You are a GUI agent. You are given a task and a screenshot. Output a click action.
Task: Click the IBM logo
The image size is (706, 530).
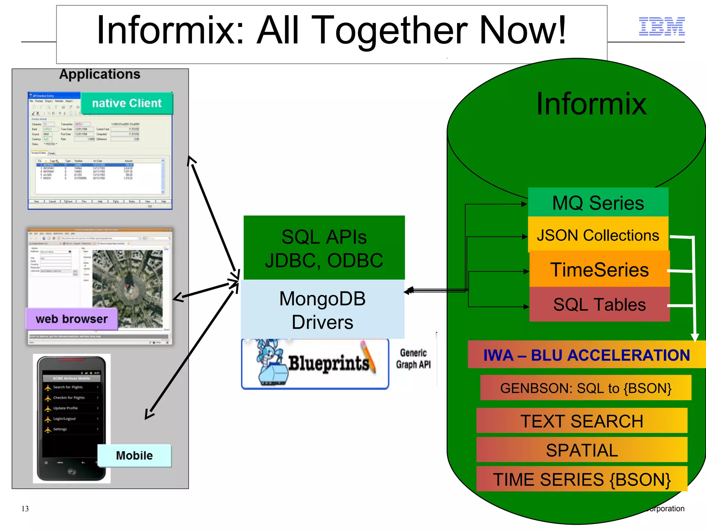[662, 27]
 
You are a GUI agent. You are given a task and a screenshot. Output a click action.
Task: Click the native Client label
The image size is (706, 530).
[127, 103]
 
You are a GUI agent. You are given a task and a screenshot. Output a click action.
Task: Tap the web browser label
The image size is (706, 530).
[72, 319]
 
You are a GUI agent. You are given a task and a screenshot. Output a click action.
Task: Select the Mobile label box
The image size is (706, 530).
[134, 455]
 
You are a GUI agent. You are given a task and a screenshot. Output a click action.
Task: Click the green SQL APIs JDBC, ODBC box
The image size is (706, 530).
[324, 248]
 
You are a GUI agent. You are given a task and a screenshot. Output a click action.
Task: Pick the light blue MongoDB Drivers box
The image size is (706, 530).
[323, 310]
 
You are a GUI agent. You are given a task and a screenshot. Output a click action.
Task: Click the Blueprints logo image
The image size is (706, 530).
[315, 364]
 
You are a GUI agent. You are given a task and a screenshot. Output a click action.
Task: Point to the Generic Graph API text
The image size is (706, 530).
[413, 359]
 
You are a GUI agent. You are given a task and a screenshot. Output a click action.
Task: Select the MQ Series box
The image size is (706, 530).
[598, 203]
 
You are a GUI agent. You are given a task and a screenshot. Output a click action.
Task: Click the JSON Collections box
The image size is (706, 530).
[598, 235]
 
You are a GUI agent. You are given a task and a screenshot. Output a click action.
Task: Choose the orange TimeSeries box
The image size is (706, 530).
[599, 269]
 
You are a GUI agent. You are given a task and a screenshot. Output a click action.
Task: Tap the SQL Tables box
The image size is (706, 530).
[599, 305]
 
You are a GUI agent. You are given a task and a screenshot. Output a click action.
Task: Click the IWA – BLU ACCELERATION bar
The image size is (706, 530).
[586, 355]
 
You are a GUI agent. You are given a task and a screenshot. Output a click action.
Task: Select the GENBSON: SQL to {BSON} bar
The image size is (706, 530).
[586, 388]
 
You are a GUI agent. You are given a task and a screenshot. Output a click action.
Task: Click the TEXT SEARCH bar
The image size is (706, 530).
[582, 421]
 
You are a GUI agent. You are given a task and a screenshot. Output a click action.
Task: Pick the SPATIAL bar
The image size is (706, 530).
[582, 450]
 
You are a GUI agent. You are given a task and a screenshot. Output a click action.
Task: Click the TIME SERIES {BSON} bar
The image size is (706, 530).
[582, 479]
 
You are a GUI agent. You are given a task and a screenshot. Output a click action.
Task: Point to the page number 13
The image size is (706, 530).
[25, 509]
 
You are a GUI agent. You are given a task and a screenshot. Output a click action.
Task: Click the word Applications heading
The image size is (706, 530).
[100, 74]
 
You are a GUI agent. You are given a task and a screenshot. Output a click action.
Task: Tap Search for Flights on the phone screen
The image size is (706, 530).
[68, 387]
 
